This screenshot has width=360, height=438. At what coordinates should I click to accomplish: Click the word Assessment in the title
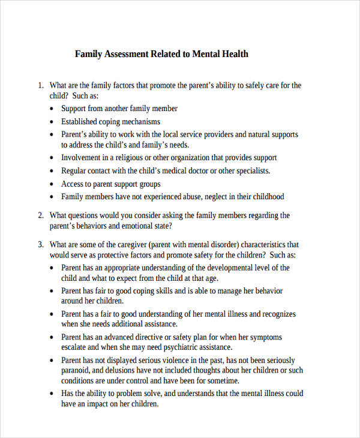click(x=127, y=54)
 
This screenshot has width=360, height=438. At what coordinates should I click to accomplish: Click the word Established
click(x=82, y=122)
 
